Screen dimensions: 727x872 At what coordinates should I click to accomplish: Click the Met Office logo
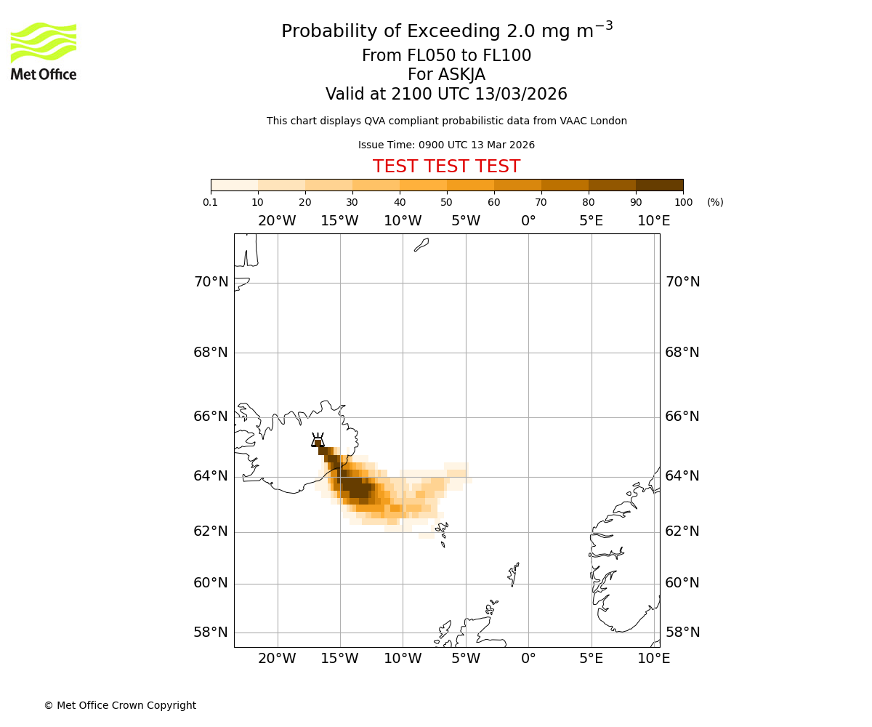coord(44,51)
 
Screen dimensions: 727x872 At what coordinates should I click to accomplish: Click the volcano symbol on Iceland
coord(318,440)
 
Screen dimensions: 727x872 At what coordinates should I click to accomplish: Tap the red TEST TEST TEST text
coord(446,166)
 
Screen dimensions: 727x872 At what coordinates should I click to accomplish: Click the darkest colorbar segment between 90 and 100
coord(659,185)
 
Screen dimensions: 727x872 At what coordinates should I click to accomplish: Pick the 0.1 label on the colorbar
coord(211,202)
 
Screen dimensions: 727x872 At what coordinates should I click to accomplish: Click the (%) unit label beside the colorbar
coord(715,202)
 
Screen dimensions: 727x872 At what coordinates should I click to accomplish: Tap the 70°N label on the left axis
coord(211,282)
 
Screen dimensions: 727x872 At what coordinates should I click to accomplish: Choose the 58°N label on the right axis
coord(682,632)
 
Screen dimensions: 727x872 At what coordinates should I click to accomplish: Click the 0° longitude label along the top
coord(528,221)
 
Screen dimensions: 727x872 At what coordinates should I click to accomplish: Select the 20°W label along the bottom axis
coord(277,659)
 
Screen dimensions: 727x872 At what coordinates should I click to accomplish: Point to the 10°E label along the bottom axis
coord(654,659)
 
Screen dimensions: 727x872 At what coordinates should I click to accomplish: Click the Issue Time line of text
coord(446,145)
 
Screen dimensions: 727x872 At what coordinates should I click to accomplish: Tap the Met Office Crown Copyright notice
coord(120,705)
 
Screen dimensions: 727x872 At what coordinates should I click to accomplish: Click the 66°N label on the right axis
coord(682,417)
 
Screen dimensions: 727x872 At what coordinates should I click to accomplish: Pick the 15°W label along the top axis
coord(339,221)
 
